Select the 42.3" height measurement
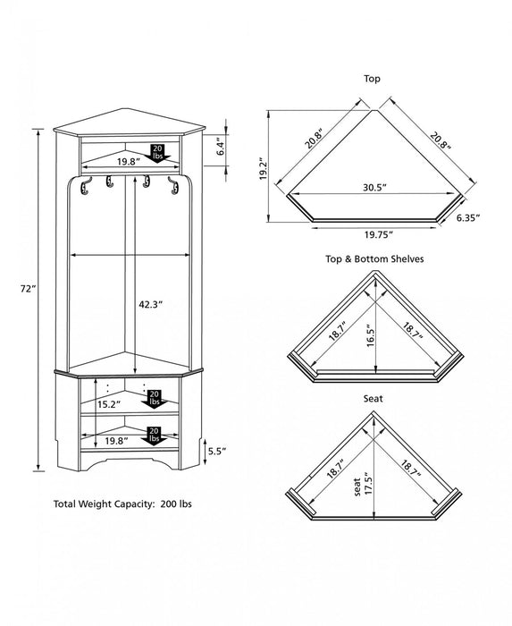click(149, 304)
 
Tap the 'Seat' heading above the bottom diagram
click(374, 400)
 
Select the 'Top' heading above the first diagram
click(373, 80)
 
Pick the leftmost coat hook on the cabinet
click(86, 184)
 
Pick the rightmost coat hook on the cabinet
click(167, 184)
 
